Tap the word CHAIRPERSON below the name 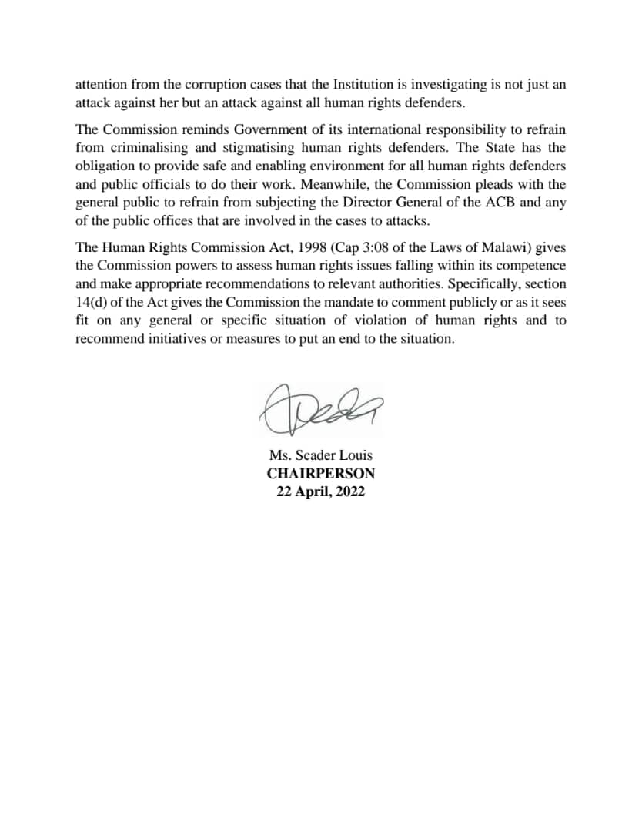pos(321,474)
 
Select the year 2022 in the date pos(349,492)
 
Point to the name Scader pos(316,455)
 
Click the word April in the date pos(311,492)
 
